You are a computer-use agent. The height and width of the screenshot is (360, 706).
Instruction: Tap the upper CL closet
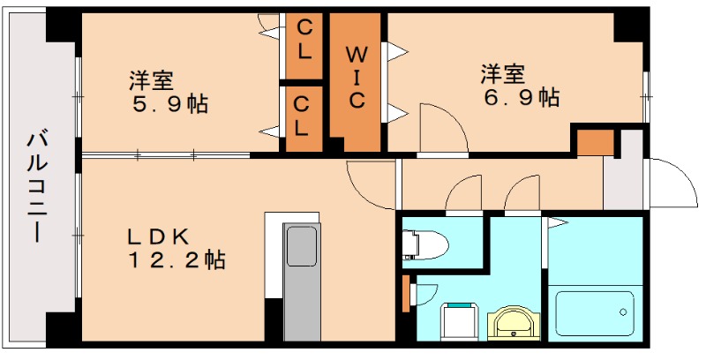click(304, 41)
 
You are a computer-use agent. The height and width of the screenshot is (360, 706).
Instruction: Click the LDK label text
click(159, 236)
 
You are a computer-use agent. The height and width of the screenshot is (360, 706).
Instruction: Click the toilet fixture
click(424, 242)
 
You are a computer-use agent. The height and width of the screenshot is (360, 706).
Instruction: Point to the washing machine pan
click(460, 321)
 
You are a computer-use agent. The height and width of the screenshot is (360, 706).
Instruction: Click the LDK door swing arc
click(369, 185)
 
